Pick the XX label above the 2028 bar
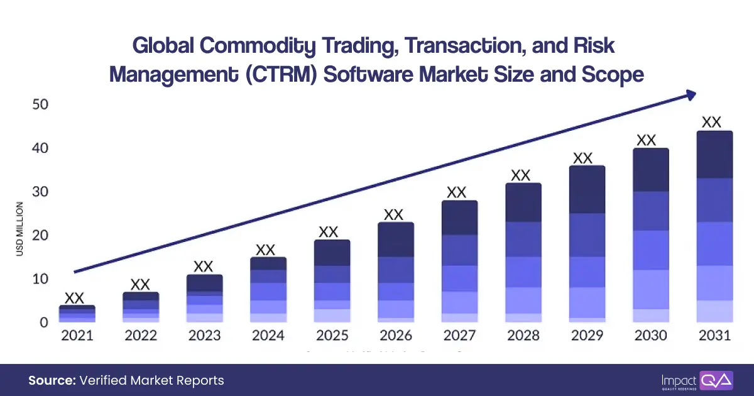tap(520, 175)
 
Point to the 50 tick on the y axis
tap(40, 104)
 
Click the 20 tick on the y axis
tap(40, 235)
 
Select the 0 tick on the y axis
tap(43, 322)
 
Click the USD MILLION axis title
tap(21, 229)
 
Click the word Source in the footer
tap(51, 380)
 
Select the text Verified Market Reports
tap(151, 380)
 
